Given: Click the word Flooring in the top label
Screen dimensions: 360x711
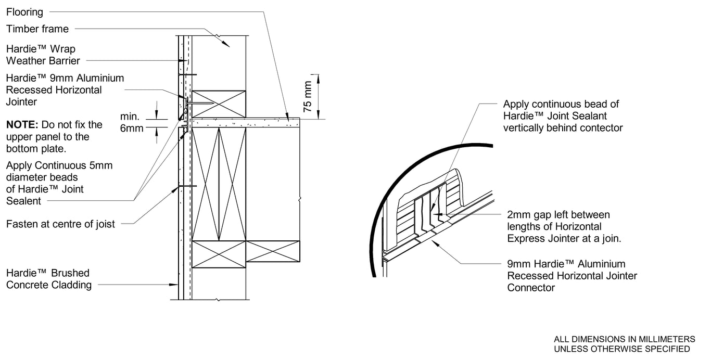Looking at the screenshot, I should pos(24,11).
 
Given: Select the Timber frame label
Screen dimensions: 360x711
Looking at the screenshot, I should pos(37,29).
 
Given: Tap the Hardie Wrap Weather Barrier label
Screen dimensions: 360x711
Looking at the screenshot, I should pos(43,55).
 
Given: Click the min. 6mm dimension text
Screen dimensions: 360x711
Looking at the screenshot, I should pos(131,122).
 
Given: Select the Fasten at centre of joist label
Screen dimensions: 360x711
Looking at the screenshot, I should pos(60,224).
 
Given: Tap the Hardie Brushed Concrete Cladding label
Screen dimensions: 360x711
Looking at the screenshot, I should pos(48,279).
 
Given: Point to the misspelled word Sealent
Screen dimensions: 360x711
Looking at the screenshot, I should pos(23,201).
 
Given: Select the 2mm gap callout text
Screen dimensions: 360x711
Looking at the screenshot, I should pos(564,227).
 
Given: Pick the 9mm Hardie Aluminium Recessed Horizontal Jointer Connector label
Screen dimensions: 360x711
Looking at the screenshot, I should pos(572,276).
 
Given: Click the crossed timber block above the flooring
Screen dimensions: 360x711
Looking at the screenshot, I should pos(219,104).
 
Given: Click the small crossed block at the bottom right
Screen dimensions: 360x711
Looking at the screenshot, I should pos(273,251).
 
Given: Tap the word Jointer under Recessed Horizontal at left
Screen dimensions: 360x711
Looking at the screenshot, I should pos(21,102).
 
